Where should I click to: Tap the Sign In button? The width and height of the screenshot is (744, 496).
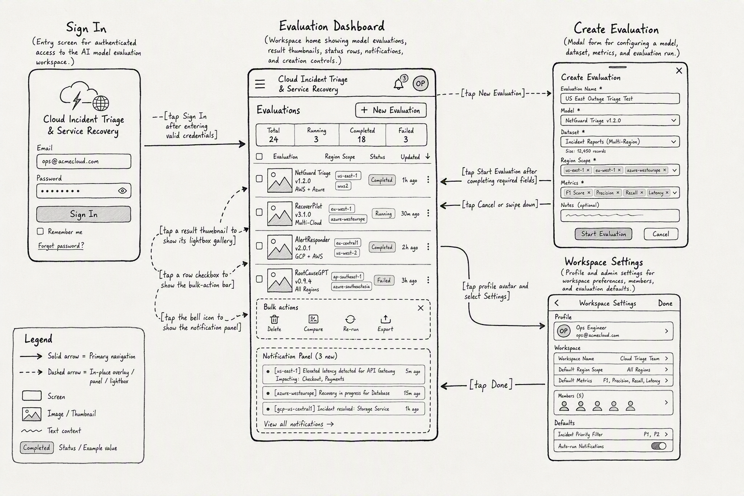(84, 214)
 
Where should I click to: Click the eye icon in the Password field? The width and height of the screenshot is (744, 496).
(122, 191)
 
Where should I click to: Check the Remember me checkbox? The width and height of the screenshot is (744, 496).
(40, 231)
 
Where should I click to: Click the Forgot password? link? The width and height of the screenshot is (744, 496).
(61, 246)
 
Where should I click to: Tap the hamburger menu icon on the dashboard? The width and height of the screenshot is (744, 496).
(260, 84)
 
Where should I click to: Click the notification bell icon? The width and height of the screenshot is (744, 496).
(399, 84)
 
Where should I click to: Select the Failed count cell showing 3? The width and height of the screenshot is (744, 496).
(406, 135)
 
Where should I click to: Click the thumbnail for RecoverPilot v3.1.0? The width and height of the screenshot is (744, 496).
(279, 214)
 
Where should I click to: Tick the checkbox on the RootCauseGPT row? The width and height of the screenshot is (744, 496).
(259, 279)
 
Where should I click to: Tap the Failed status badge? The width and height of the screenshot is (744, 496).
(384, 280)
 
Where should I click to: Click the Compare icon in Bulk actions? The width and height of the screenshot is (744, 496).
(313, 319)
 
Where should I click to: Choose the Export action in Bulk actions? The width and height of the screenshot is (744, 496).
(385, 323)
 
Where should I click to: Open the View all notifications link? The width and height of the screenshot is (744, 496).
(298, 424)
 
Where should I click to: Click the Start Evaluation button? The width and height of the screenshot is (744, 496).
(604, 234)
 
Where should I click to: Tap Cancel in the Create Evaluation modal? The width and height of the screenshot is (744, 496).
(661, 234)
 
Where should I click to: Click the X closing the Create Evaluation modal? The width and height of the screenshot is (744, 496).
(679, 71)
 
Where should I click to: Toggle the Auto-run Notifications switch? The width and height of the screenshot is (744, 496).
(659, 446)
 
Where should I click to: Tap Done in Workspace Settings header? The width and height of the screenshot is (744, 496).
(665, 303)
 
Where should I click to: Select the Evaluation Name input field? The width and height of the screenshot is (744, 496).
(620, 99)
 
